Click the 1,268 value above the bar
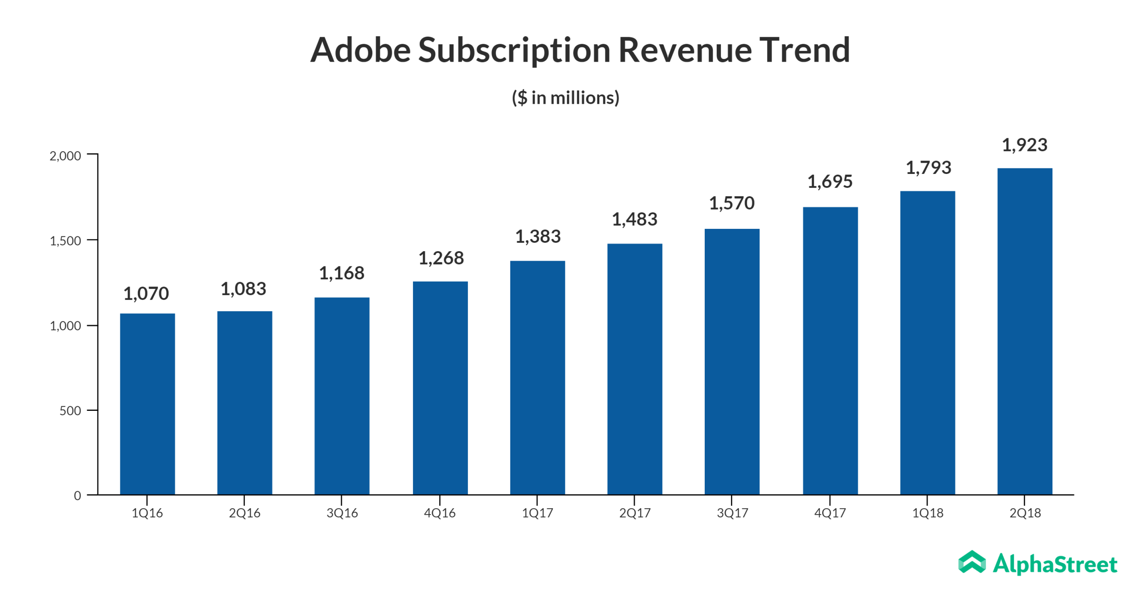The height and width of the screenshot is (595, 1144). click(x=441, y=257)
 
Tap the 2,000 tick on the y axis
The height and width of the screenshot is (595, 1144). click(x=65, y=156)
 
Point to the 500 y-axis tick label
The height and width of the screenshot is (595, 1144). click(x=70, y=410)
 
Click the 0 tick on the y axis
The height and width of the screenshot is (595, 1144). click(x=77, y=495)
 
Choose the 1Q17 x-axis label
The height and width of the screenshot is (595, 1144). click(x=537, y=512)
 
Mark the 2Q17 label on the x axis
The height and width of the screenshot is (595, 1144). click(x=635, y=512)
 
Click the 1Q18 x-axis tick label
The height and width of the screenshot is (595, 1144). click(x=927, y=512)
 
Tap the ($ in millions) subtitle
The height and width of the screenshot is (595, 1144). click(x=565, y=97)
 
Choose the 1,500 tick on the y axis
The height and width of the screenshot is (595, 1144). click(x=65, y=241)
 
